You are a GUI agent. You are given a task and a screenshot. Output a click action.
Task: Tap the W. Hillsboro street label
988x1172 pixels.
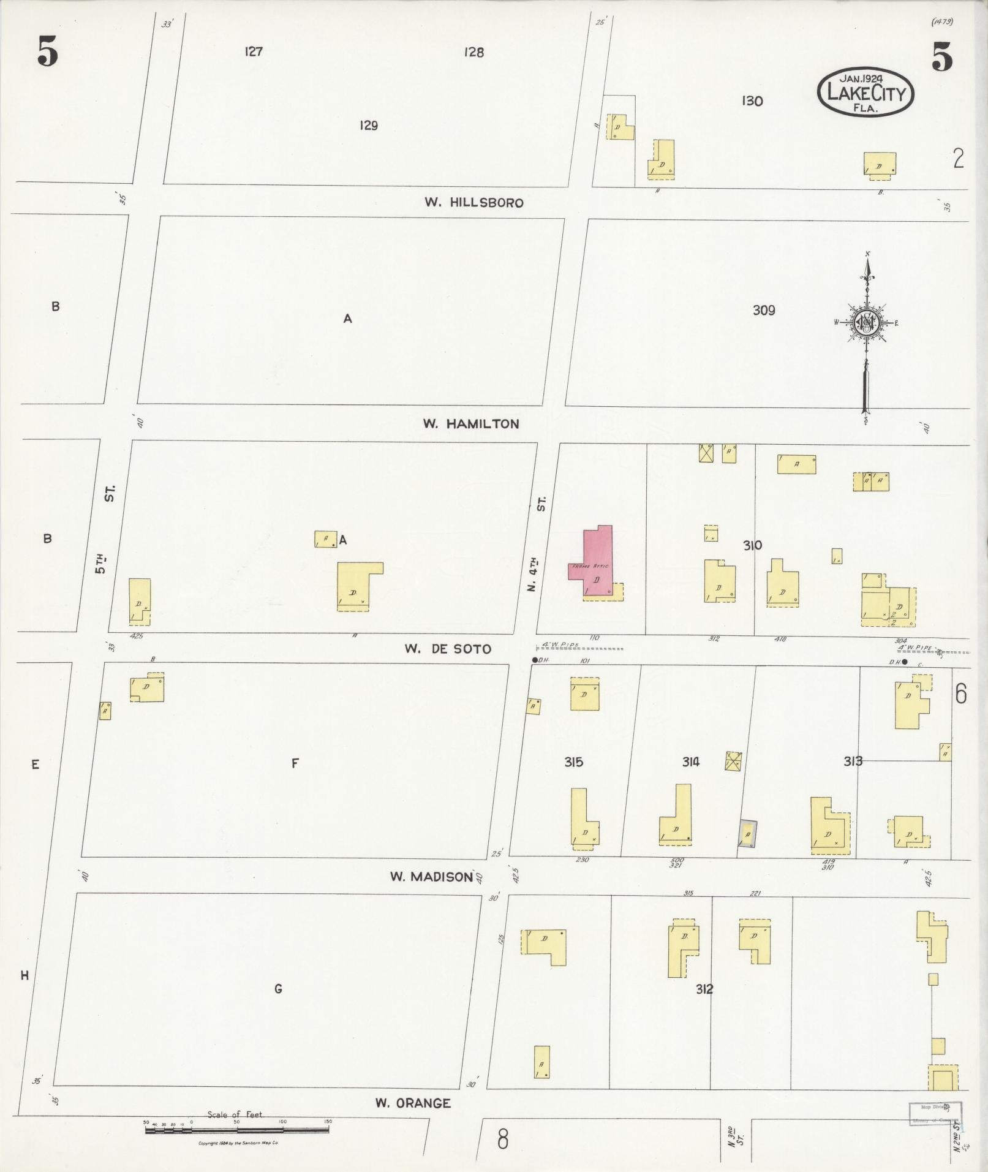[x=474, y=203]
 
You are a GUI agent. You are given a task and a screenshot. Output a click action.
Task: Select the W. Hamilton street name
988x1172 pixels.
[x=470, y=424]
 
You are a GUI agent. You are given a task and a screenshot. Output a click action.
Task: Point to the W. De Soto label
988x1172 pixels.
[x=447, y=649]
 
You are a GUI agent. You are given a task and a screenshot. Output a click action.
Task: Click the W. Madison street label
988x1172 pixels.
[x=432, y=877]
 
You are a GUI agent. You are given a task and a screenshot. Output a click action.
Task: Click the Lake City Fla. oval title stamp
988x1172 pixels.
[x=865, y=93]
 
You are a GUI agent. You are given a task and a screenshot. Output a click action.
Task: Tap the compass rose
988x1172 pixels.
[x=867, y=323]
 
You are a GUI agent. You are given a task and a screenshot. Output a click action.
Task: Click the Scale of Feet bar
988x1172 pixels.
[x=236, y=1129]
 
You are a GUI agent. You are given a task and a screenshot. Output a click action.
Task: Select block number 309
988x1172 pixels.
[x=763, y=311]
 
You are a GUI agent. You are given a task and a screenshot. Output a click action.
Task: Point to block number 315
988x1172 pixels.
[x=573, y=762]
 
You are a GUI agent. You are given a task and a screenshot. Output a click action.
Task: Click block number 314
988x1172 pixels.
[x=690, y=762]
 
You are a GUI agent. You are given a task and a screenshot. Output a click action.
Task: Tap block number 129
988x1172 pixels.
[x=368, y=126]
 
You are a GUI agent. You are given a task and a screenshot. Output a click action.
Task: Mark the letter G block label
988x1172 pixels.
[x=278, y=988]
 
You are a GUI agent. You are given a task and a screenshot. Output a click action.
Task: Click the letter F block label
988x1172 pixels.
[x=295, y=763]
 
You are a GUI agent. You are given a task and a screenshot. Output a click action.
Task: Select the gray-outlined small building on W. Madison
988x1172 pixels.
[x=747, y=834]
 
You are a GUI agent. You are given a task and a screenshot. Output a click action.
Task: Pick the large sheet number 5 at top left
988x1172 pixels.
[x=47, y=51]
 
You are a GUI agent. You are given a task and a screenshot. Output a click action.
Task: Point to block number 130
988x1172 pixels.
[x=752, y=101]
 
